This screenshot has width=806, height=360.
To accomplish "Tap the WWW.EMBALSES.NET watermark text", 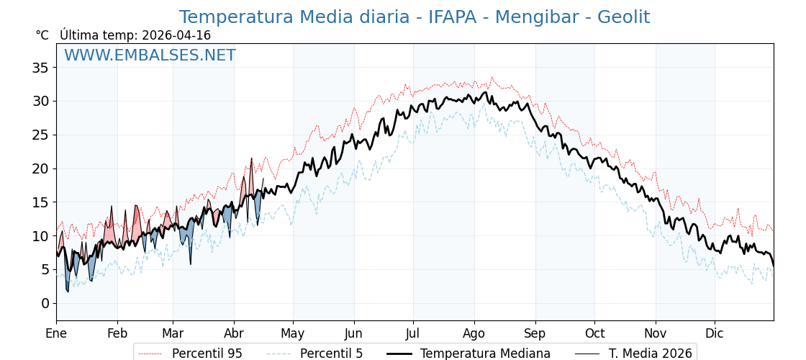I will [x=150, y=55].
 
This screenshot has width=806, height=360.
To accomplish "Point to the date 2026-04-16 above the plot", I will [x=176, y=35].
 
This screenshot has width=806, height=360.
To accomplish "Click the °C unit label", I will [x=42, y=35].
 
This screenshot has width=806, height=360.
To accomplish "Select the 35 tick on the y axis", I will [x=40, y=68].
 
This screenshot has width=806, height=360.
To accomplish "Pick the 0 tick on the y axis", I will [x=45, y=303].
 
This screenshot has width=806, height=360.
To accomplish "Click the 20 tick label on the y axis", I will [x=40, y=168].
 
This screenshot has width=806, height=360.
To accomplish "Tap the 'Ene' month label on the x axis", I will [x=56, y=333].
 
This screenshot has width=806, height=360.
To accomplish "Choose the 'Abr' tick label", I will [x=234, y=333].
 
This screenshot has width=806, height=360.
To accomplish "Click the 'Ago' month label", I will [x=474, y=333].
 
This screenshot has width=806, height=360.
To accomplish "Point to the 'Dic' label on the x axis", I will [x=715, y=333].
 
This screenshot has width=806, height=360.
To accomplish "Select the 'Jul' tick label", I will [x=413, y=333].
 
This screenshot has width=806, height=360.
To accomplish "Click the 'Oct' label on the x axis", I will [x=594, y=333].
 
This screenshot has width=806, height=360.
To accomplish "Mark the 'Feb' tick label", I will [x=117, y=333].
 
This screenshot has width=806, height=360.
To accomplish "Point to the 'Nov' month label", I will [x=656, y=333].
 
